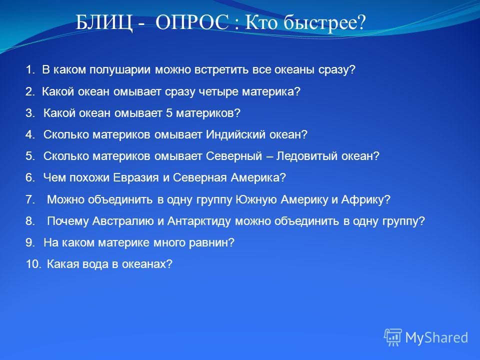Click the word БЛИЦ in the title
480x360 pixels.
tap(104, 22)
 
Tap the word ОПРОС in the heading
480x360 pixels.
tap(192, 22)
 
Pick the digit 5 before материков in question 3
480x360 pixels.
tap(169, 113)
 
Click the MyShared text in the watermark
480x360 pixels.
tap(436, 338)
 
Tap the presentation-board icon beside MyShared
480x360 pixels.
tap(393, 337)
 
